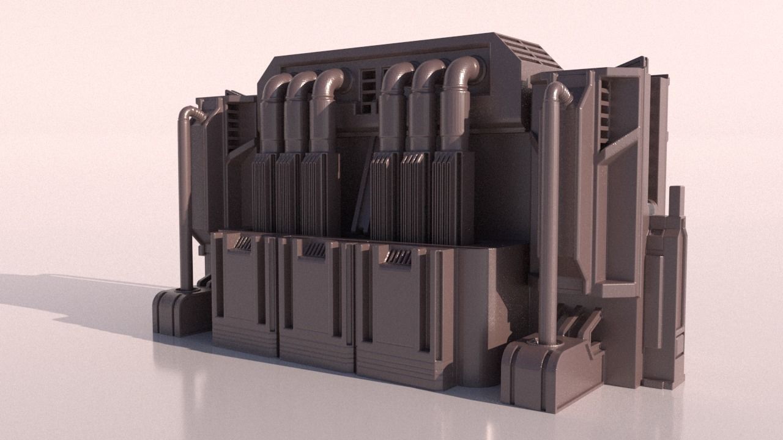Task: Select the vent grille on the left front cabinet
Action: tap(243, 243)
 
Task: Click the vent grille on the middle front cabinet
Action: tap(315, 249)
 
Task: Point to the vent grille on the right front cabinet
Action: tap(398, 257)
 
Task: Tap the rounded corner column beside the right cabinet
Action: tap(474, 318)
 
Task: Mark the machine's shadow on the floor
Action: tap(73, 299)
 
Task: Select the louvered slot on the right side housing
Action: tap(604, 116)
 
